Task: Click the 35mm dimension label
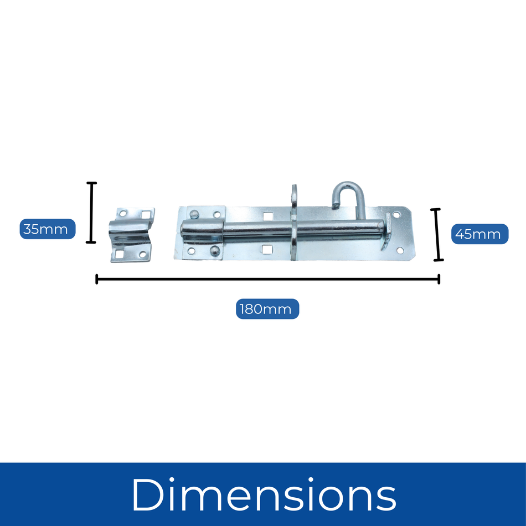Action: coord(47,229)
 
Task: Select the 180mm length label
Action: coord(267,308)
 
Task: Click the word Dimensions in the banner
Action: coord(264,494)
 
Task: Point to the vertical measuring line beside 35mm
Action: coord(91,213)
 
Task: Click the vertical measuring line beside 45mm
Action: coord(437,234)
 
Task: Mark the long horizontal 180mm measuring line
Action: coord(267,279)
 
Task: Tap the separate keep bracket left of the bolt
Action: coord(132,234)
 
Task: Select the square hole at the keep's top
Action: coord(146,214)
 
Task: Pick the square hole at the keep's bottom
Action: coord(120,255)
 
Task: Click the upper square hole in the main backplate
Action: coord(267,216)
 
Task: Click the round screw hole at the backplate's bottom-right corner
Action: coord(399,251)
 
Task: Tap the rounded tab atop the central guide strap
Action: coord(294,193)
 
